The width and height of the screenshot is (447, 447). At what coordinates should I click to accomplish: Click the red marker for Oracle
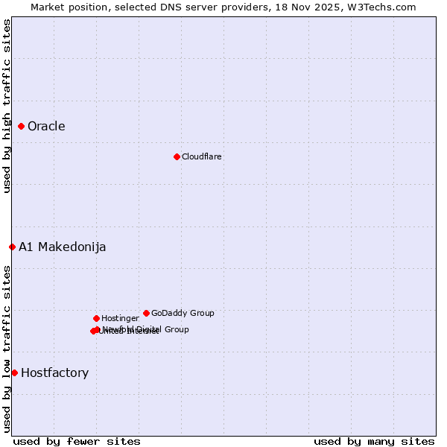coord(22,127)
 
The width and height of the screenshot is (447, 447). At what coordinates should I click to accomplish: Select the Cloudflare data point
coord(177,156)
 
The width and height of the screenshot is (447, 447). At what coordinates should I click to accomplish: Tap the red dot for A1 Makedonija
coord(12,247)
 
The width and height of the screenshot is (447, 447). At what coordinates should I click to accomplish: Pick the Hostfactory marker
coord(14,372)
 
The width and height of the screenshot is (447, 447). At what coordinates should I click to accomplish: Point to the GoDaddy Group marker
coord(146,313)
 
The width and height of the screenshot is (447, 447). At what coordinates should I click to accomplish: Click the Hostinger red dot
coord(96,318)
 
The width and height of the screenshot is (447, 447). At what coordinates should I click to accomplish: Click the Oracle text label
coord(46,127)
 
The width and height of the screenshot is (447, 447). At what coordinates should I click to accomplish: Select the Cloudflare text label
coord(202,156)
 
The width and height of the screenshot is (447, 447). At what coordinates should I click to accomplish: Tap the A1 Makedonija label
coord(63,247)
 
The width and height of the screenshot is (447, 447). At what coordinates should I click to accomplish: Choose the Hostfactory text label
coord(54,373)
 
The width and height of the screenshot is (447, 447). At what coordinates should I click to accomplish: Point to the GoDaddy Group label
coord(183,313)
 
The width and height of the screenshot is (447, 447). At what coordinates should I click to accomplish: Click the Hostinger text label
coord(120,318)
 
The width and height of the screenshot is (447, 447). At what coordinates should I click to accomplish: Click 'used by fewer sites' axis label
coord(77,441)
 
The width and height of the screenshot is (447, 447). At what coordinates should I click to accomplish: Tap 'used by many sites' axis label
coord(374,441)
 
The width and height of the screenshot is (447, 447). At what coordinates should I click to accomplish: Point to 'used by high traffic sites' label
coord(7,106)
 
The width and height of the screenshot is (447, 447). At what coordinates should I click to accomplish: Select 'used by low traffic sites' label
coord(7,349)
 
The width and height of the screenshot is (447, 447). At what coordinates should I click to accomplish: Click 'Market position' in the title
coord(66,7)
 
